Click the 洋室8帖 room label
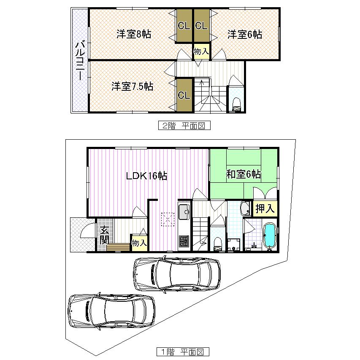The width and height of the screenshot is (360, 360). pos(134,34)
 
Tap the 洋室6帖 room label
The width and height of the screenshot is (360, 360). pos(245,34)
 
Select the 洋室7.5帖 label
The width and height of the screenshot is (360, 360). pos(132,87)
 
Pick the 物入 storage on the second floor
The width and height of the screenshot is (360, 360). pos(201,51)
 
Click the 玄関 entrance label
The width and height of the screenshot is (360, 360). pos(103,235)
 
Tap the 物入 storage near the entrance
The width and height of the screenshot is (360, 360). pos(139,243)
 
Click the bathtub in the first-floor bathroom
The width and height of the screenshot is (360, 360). pos(269,236)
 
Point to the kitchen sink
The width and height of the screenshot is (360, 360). pos(184,213)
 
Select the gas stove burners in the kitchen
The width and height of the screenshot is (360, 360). pos(184,242)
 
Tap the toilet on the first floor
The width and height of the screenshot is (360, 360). pos(217,243)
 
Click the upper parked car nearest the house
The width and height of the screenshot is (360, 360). pos(177,275)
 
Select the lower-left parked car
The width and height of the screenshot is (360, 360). pos(112,311)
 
